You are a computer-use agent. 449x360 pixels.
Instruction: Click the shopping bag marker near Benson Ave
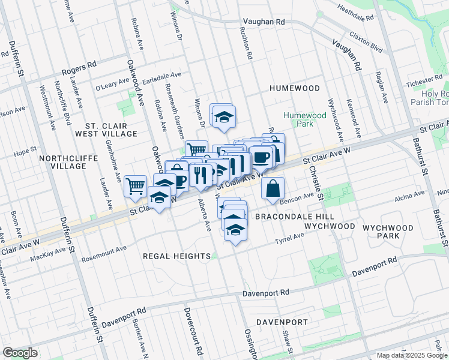point(273,188)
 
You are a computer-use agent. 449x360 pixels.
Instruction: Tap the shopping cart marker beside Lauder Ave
point(136,186)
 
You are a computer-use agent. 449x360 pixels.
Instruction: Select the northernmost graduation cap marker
point(223,116)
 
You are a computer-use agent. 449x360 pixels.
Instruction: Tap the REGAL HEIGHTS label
point(171,256)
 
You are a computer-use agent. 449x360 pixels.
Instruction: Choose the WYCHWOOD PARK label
point(391,232)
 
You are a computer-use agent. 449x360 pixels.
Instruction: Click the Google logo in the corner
point(20,353)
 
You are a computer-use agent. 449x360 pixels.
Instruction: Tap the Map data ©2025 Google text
point(411,355)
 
